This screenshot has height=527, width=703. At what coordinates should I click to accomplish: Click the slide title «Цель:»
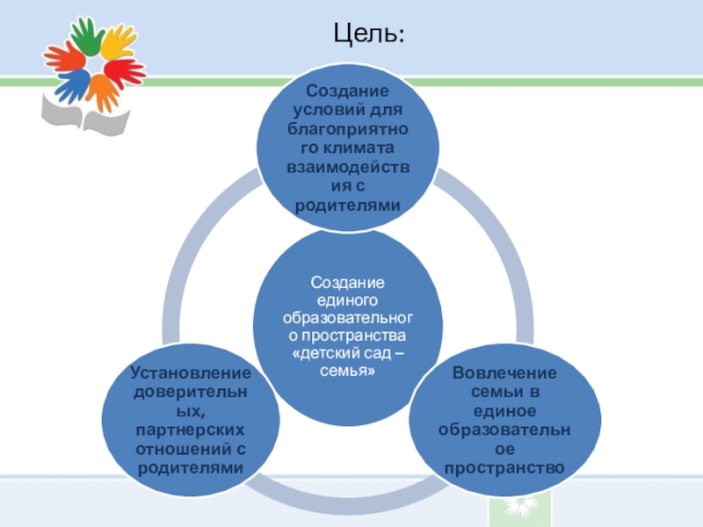[369, 34]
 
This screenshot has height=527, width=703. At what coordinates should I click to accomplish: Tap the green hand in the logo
[85, 36]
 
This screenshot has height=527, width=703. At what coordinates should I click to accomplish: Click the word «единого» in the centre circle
[347, 300]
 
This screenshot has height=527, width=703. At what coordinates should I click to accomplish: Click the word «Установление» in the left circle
[190, 372]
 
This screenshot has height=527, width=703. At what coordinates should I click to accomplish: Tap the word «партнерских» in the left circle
[191, 430]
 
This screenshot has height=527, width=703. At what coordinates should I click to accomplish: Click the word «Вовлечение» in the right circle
[504, 372]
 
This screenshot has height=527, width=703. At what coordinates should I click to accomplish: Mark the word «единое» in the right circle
[504, 411]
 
